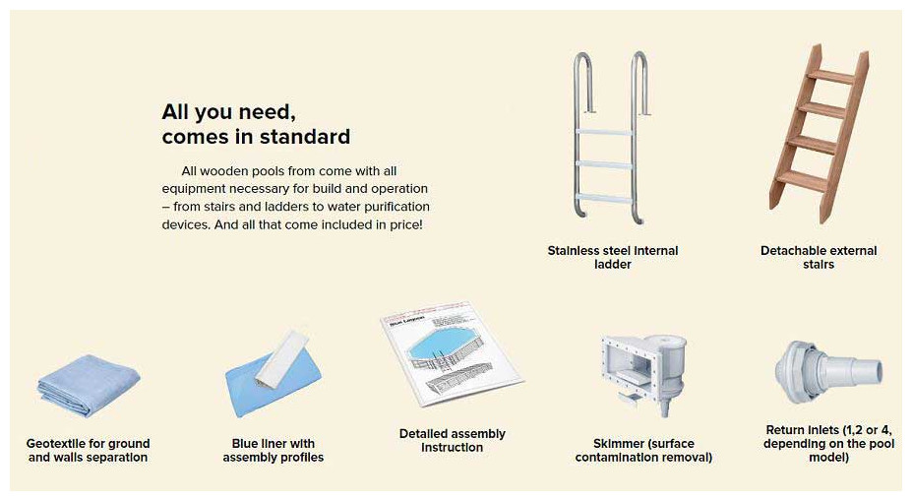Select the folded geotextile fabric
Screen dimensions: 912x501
tap(89, 386)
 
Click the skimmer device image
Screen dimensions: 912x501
tap(643, 372)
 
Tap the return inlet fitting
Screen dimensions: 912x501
tap(828, 372)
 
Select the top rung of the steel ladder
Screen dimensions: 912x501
tap(604, 133)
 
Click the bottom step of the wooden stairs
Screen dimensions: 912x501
tap(802, 181)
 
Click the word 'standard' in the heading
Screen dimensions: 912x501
tap(305, 137)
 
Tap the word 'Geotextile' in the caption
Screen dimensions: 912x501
tap(57, 443)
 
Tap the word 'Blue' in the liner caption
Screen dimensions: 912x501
tap(245, 443)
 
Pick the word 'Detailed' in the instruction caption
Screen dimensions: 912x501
tap(424, 433)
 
